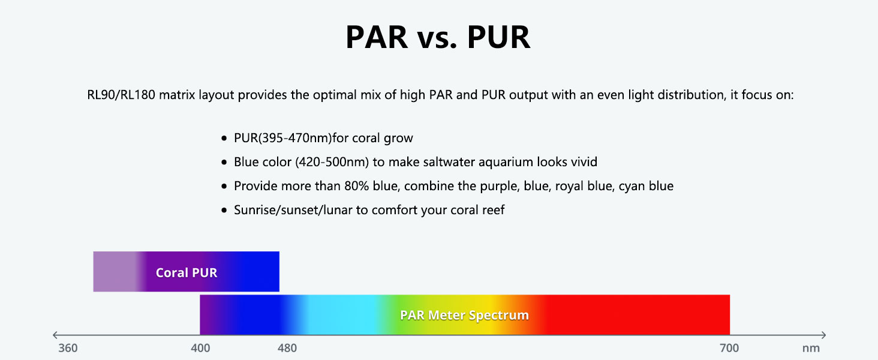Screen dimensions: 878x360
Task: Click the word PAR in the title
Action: click(377, 37)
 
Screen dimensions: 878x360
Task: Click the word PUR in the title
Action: click(498, 37)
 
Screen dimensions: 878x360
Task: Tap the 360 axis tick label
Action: click(68, 348)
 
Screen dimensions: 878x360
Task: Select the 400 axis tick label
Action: click(200, 348)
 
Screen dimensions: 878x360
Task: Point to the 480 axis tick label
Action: click(287, 348)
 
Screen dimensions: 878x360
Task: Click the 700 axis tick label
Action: click(729, 348)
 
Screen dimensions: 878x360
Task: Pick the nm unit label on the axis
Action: click(811, 348)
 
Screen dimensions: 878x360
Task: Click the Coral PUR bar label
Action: click(187, 272)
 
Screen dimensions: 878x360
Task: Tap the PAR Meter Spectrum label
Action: click(464, 315)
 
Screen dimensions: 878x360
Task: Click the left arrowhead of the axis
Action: click(55, 335)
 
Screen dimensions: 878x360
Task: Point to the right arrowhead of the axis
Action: click(823, 335)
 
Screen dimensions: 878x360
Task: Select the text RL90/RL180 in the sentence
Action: click(121, 95)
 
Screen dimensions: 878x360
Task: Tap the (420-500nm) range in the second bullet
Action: click(332, 162)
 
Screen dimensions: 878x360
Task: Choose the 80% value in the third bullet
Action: click(356, 186)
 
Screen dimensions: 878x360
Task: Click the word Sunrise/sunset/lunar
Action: click(293, 210)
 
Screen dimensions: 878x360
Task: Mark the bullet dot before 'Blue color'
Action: click(224, 162)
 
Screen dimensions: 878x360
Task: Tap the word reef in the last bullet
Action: click(493, 210)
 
